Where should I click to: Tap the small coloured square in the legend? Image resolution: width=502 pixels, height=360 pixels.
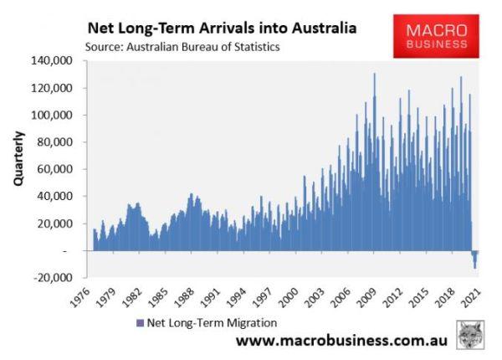pos(138,321)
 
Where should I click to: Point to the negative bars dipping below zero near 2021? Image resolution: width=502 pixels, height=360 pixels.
pos(474,259)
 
